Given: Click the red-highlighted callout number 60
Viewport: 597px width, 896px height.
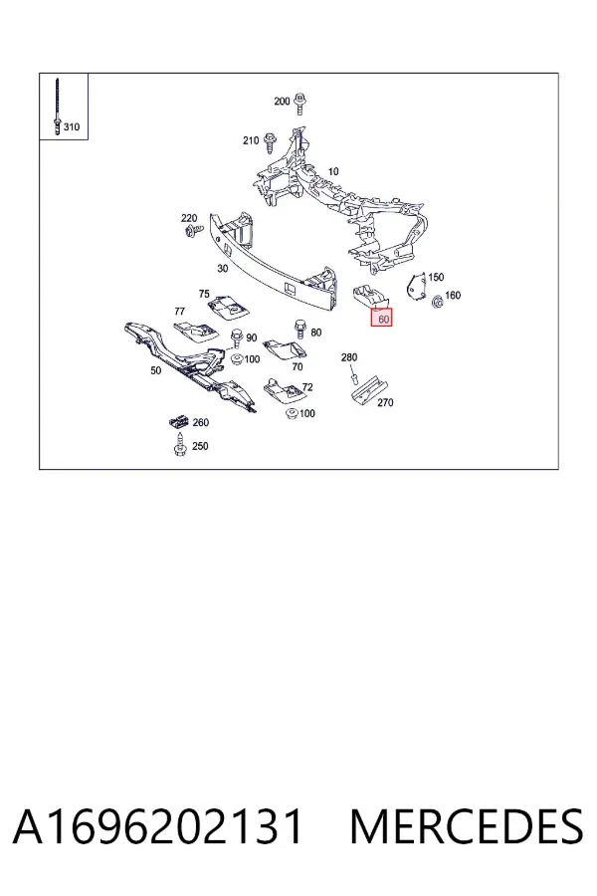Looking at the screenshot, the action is [382, 319].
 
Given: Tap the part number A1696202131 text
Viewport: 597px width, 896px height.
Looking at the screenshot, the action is [157, 826].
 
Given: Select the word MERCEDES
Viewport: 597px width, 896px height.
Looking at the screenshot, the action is [467, 826].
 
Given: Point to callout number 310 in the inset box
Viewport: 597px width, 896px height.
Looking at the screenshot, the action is [72, 126].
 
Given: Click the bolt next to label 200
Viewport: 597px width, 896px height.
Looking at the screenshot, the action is [298, 104].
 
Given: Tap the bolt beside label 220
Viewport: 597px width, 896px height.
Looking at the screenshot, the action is [192, 230].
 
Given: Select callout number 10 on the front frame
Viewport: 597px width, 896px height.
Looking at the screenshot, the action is [333, 171].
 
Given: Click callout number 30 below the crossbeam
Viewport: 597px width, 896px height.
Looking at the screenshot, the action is [223, 268].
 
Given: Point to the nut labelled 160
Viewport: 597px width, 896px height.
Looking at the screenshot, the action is [438, 302].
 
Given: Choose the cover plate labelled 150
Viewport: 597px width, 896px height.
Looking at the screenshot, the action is [417, 286].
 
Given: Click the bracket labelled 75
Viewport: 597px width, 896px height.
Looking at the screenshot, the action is [229, 307].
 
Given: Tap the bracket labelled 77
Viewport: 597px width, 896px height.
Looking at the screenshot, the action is [195, 332].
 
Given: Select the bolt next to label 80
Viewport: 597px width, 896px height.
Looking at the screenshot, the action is [299, 331].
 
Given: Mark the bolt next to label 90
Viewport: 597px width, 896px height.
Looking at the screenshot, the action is [237, 338].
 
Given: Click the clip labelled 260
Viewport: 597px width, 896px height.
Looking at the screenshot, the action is [179, 422].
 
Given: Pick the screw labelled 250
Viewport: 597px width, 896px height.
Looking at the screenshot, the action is [180, 446].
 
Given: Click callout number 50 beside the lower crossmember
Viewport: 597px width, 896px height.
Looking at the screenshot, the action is [156, 370].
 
